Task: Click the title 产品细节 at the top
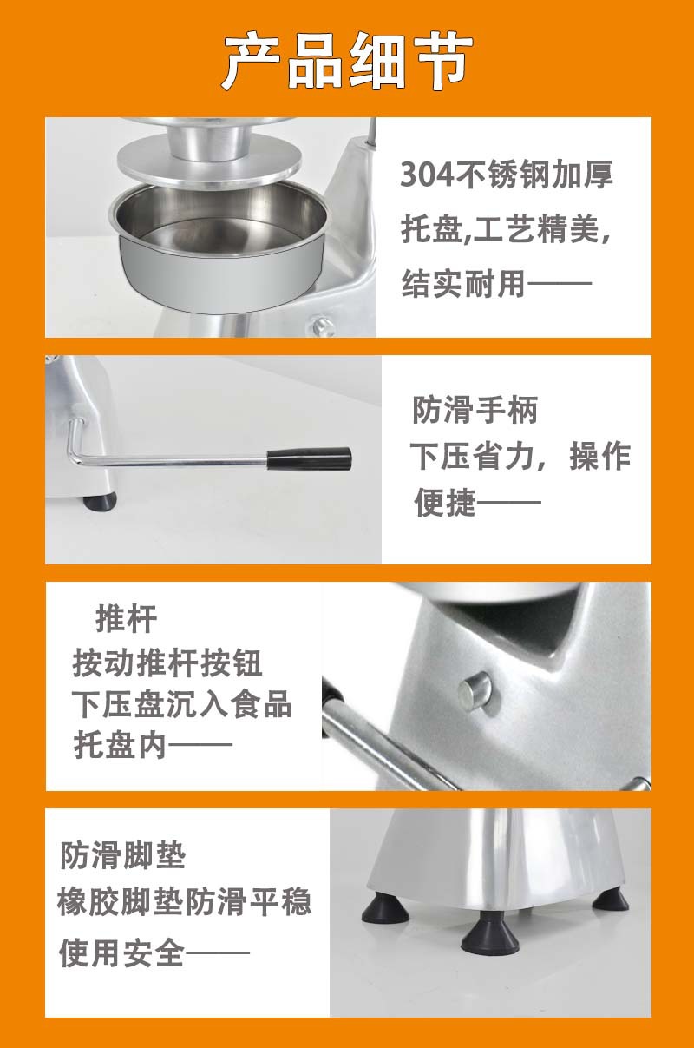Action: (347, 62)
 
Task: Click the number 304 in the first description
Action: (428, 175)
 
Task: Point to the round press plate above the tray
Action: (208, 164)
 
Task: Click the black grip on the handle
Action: (309, 458)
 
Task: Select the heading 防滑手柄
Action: (475, 410)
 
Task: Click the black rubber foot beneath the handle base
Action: (100, 501)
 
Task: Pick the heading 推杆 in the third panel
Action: (127, 619)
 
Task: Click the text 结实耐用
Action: (463, 284)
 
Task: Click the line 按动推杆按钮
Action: (167, 663)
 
